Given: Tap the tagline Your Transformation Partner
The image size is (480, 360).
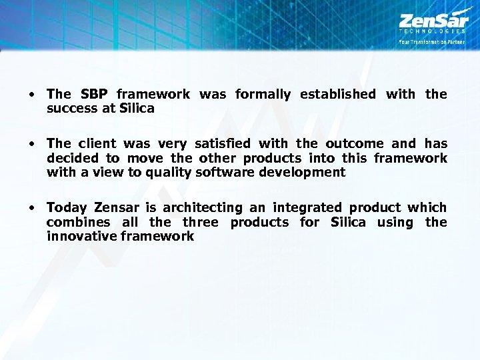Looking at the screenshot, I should [431, 41].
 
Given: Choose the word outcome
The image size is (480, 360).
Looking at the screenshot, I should [355, 143].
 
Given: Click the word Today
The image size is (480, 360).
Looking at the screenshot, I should [67, 207].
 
